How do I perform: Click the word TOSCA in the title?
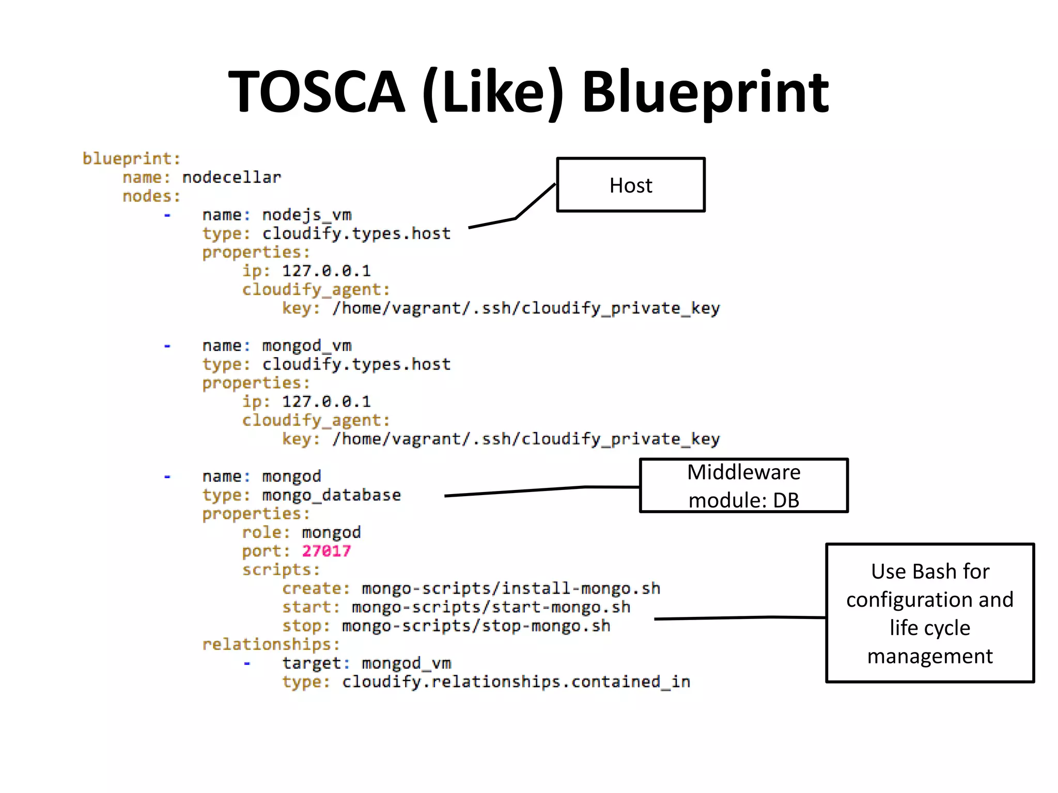click(317, 92)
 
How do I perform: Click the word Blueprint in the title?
click(705, 92)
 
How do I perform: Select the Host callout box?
click(630, 185)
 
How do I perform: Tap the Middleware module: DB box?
click(743, 486)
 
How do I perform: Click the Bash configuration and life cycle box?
click(929, 613)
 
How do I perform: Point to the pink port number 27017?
click(326, 551)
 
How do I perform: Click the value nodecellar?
click(231, 178)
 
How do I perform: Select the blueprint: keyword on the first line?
click(132, 158)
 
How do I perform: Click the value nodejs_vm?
click(306, 215)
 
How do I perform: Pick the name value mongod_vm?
click(306, 345)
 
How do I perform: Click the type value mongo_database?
click(331, 495)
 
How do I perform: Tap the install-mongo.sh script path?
click(510, 589)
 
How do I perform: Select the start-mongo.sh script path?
click(491, 607)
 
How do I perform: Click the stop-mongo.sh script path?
click(476, 626)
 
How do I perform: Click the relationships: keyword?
click(271, 644)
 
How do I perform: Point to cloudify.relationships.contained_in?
click(516, 682)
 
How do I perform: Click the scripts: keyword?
click(281, 569)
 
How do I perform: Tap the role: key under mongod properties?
click(266, 532)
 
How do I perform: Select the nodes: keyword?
click(151, 196)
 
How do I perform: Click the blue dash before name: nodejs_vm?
click(167, 215)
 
